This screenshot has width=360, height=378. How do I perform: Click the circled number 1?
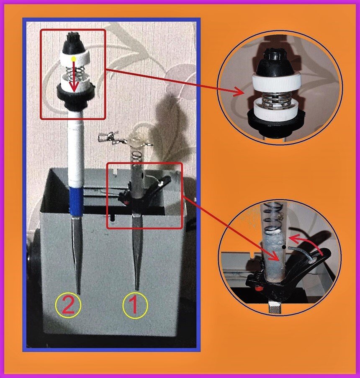(x=135, y=306)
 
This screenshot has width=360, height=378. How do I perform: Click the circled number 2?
(x=68, y=306)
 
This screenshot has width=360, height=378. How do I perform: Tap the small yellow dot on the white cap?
(x=74, y=59)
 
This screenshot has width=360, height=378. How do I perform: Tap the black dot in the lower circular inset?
(x=285, y=247)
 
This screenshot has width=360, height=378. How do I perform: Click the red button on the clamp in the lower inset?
(x=258, y=288)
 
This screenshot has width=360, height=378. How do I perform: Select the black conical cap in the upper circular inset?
(x=274, y=62)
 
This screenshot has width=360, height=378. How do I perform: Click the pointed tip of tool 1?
(x=137, y=290)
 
